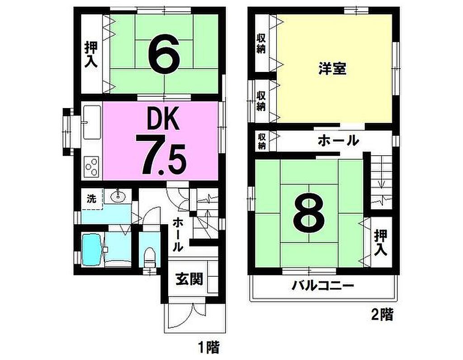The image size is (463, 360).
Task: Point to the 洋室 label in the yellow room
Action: [x=332, y=68]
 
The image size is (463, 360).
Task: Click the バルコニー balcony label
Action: [x=322, y=285]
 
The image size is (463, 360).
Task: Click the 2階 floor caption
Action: [x=383, y=315]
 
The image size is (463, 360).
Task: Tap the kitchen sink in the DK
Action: [x=92, y=122]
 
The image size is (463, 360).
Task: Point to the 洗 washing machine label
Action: [x=91, y=199]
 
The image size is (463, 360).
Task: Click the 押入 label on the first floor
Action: [x=91, y=55]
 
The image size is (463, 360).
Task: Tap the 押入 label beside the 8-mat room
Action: [x=380, y=243]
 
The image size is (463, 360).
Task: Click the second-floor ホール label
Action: [x=338, y=140]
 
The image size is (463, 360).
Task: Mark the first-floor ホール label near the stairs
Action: [x=177, y=235]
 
